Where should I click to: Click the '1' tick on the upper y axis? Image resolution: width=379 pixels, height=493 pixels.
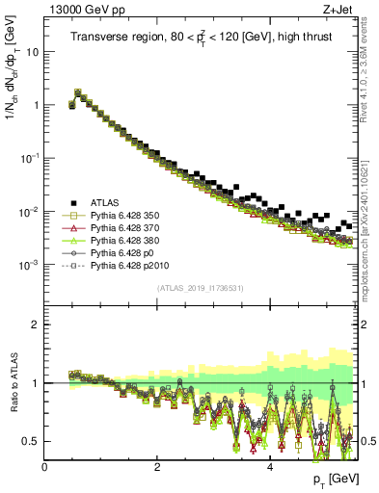tap(36, 105)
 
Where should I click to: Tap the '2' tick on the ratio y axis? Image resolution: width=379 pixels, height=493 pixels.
tap(36, 324)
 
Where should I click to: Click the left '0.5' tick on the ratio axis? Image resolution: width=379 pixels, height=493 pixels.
tap(30, 441)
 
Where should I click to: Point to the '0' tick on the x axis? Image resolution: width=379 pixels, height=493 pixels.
tap(44, 467)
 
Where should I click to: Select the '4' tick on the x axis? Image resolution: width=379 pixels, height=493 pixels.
tap(270, 467)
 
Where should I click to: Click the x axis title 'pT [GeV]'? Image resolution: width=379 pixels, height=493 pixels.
tap(333, 479)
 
